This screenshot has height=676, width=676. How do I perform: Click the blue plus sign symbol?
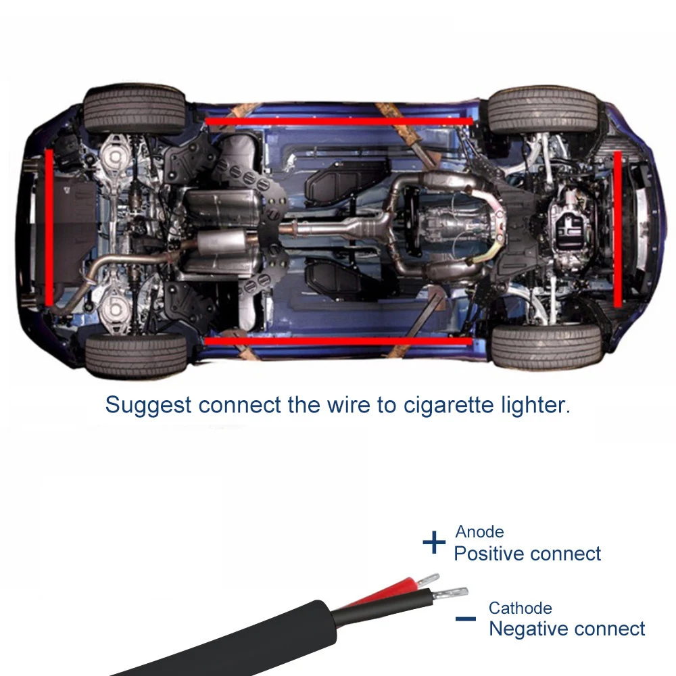click(x=434, y=542)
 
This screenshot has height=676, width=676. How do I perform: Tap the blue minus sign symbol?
click(x=465, y=619)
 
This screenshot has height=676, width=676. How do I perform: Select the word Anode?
click(x=479, y=532)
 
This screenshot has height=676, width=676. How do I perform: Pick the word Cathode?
click(x=520, y=608)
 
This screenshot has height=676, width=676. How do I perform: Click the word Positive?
click(x=489, y=554)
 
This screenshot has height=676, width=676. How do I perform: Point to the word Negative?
click(x=529, y=629)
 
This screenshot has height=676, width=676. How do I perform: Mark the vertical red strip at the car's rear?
click(x=49, y=226)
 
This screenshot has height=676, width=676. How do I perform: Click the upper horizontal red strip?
click(x=339, y=121)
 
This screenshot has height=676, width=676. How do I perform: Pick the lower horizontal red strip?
click(x=338, y=341)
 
